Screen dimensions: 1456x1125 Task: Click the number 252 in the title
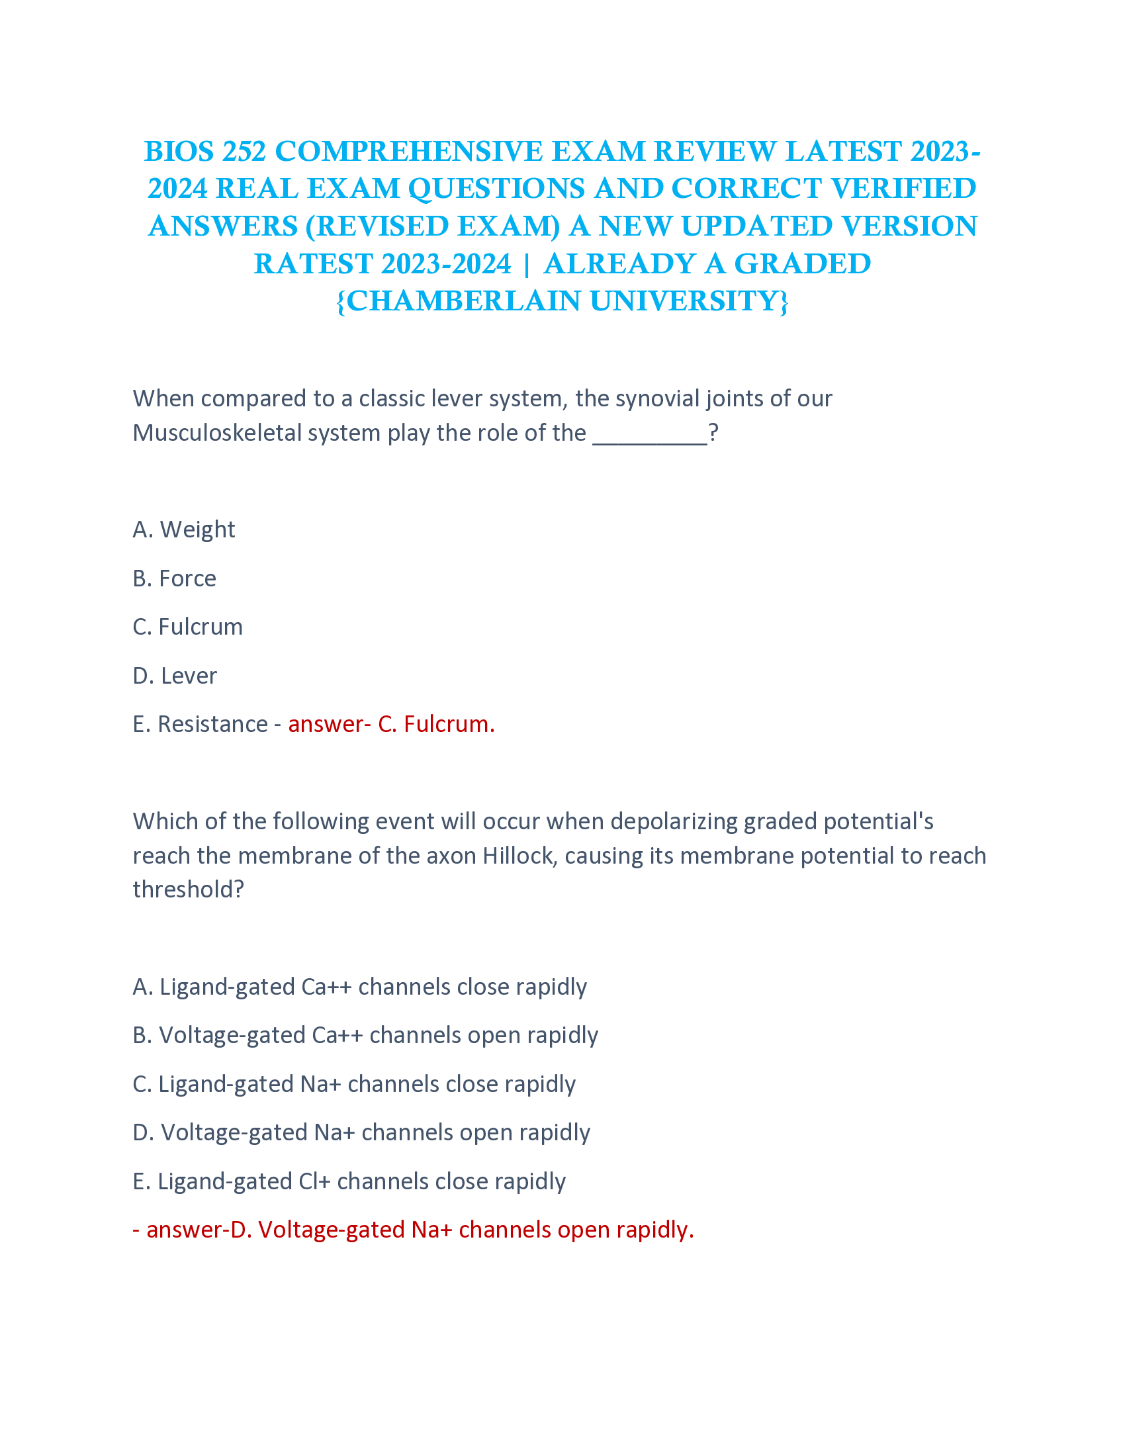click(x=244, y=152)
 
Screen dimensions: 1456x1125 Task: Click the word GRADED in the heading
click(x=803, y=264)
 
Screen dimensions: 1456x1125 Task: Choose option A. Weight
click(x=184, y=529)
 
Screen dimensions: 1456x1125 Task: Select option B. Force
click(x=175, y=578)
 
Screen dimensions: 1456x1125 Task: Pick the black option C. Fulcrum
click(x=188, y=627)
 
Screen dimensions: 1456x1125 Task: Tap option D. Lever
click(x=175, y=676)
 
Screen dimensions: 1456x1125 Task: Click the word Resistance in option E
click(x=212, y=725)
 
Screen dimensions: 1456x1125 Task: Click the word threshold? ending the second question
click(x=189, y=890)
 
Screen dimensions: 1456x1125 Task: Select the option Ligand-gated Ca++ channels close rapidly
click(x=360, y=987)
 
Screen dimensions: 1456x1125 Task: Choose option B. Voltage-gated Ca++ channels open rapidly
click(x=365, y=1036)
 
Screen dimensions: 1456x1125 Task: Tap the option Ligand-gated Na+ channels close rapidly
click(x=354, y=1085)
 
